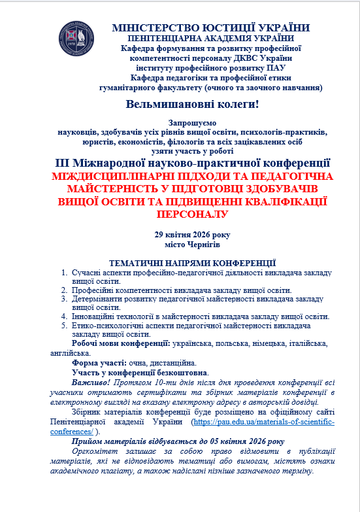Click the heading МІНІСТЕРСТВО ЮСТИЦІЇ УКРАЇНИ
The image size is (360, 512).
[210, 28]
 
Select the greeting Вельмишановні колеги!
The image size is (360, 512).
[192, 103]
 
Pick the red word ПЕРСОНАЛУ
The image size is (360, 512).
[192, 213]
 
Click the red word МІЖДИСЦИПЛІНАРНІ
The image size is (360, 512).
[102, 176]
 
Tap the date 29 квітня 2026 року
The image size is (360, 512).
[192, 234]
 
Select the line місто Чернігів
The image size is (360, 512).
[192, 244]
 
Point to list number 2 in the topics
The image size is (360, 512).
[64, 290]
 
